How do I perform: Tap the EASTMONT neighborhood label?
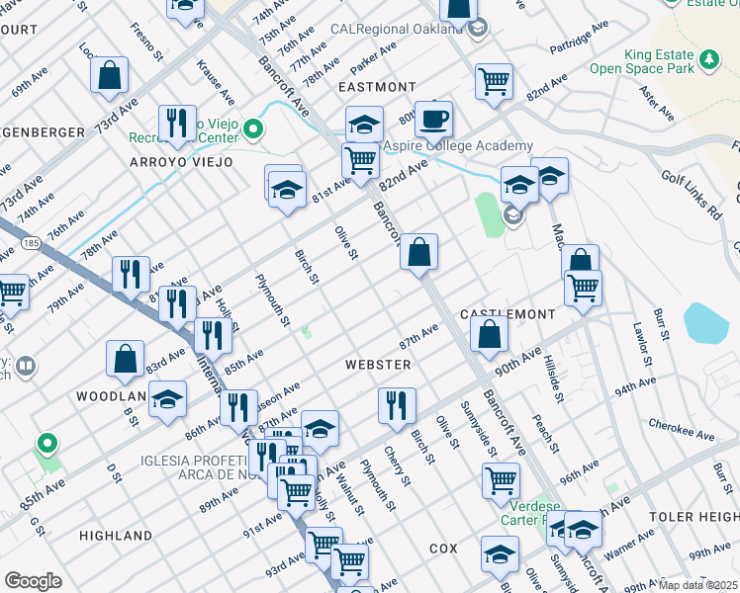376,87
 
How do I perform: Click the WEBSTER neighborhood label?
377,365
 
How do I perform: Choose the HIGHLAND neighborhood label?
115,536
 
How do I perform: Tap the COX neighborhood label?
443,548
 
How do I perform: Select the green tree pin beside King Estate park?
708,61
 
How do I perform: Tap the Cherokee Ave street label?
682,429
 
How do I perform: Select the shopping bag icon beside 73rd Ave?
109,74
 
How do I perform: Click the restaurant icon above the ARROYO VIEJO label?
177,123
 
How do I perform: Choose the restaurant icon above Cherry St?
396,404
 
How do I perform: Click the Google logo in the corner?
33,581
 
